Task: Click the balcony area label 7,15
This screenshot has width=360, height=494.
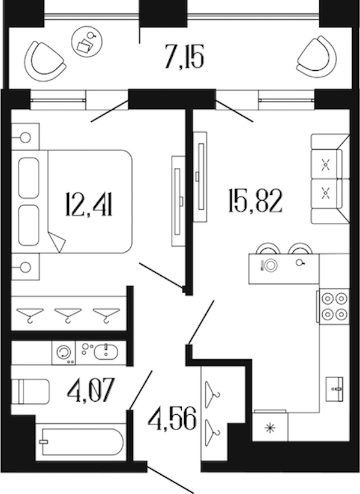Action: (184, 57)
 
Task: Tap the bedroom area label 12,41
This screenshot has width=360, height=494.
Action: (89, 204)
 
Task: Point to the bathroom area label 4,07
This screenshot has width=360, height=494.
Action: (91, 390)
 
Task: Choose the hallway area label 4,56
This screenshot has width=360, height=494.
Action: (172, 418)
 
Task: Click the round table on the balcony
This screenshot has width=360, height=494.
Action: (88, 42)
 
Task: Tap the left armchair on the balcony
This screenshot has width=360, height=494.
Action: (45, 62)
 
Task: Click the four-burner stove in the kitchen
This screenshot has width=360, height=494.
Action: (334, 306)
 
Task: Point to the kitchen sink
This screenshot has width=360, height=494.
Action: (334, 388)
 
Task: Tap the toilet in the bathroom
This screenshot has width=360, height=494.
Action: (30, 391)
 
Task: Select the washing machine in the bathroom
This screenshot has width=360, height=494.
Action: (64, 353)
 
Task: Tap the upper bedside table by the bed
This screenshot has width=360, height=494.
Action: (25, 137)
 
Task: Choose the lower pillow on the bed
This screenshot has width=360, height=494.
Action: (29, 225)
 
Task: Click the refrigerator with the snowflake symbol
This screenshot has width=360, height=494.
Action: (270, 426)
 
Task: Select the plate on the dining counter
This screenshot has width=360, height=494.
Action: (270, 265)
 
